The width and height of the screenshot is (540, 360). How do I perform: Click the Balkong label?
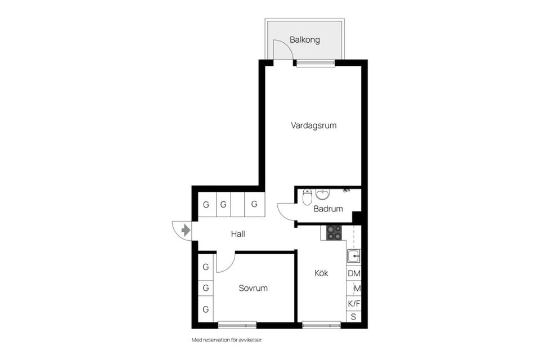click(x=305, y=39)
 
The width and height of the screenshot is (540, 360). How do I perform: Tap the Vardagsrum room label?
click(x=314, y=125)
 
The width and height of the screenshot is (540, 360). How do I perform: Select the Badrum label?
click(x=328, y=209)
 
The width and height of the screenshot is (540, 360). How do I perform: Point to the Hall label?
click(x=238, y=234)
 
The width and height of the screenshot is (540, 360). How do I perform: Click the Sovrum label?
click(x=253, y=288)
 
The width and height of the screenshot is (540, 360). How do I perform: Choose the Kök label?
click(x=321, y=273)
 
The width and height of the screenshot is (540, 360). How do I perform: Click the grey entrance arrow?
click(x=186, y=230)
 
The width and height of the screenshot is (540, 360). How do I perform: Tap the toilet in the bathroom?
click(x=307, y=197)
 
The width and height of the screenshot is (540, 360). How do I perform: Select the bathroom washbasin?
click(x=322, y=194)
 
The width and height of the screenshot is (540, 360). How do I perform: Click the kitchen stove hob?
click(x=334, y=232)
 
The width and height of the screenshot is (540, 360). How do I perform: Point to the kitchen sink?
click(x=354, y=256)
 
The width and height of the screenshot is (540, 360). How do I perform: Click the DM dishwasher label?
click(x=354, y=273)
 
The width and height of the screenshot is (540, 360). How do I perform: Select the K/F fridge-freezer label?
click(x=354, y=304)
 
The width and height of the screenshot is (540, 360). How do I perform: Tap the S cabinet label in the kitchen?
click(x=353, y=317)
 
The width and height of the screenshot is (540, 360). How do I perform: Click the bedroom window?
click(x=237, y=325)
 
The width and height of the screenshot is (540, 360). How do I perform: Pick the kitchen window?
click(x=321, y=325)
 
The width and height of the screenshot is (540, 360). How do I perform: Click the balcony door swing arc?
click(x=286, y=45)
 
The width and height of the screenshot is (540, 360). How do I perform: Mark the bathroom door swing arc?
click(x=283, y=214)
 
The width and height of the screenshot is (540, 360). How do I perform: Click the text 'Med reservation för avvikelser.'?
click(x=227, y=340)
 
